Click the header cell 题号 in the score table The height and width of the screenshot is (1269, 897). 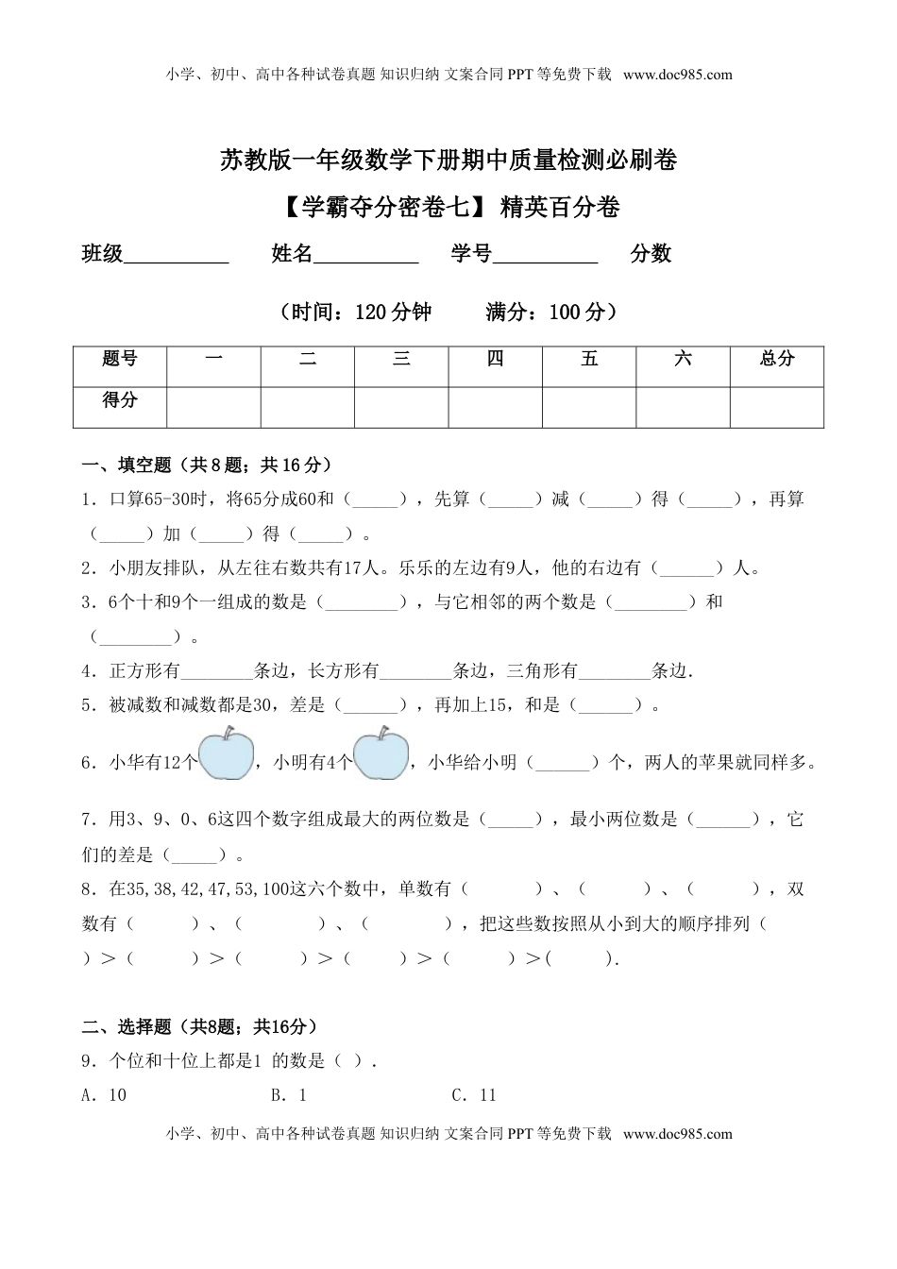120,359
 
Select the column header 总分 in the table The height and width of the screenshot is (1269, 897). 776,359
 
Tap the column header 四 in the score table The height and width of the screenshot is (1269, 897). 495,359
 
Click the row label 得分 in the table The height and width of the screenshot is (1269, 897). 120,400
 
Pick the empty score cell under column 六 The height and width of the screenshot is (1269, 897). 683,407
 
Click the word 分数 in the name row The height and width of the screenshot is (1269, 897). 651,253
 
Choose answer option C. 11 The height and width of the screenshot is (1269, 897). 474,1095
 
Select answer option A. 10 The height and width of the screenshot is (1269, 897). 105,1095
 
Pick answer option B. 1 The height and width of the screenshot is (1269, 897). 289,1095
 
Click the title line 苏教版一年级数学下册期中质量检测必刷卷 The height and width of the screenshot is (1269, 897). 448,161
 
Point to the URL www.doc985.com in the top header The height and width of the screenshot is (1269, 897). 678,75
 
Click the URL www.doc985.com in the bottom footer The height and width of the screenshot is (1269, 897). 678,1134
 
